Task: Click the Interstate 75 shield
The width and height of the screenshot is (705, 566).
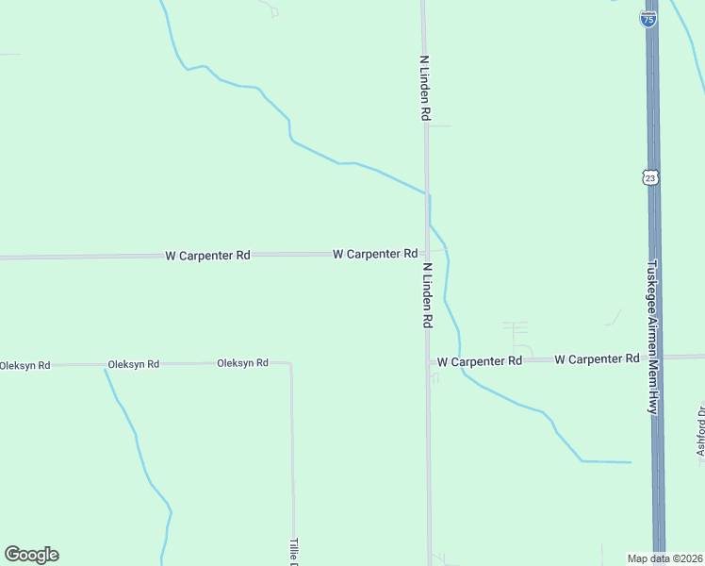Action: [648, 18]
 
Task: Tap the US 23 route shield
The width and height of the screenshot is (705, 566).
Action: [649, 177]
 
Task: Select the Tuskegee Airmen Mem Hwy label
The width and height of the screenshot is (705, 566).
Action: [651, 337]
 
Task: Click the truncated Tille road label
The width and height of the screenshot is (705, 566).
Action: [293, 551]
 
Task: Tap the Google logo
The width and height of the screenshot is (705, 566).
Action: [31, 555]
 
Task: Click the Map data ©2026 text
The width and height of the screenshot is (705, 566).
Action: [664, 558]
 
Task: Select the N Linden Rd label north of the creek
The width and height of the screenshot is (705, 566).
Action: [425, 87]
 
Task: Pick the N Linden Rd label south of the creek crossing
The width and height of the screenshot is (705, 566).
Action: [427, 295]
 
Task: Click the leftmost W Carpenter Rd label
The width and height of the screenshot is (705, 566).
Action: [207, 255]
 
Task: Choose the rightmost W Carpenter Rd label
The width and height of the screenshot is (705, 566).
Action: [598, 359]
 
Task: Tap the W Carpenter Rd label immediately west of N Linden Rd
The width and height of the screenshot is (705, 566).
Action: [375, 254]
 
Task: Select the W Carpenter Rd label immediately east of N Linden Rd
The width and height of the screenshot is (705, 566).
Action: [480, 361]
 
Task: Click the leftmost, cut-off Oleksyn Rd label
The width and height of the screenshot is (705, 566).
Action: [25, 365]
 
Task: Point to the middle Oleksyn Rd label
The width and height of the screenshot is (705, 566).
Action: [133, 363]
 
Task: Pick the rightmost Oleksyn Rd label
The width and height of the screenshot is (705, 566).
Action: [242, 362]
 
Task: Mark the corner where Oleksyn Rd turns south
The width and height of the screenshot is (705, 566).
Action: [290, 363]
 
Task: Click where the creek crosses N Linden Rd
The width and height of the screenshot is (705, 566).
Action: [427, 193]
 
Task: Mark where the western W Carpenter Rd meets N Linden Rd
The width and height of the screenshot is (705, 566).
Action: [426, 254]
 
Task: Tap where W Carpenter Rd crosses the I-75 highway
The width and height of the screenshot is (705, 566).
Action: [656, 358]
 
